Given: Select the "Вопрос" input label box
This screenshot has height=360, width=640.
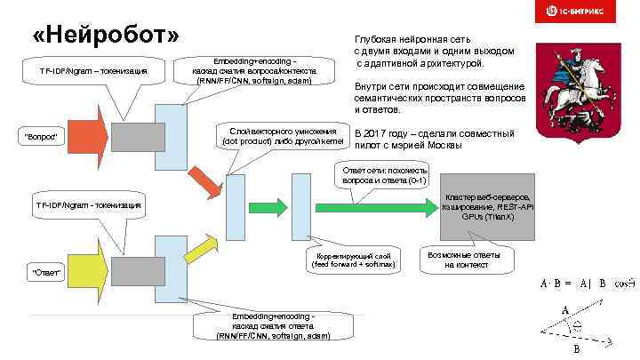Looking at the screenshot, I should pos(41,135).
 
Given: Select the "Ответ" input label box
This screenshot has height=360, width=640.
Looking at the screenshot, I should pos(46,272).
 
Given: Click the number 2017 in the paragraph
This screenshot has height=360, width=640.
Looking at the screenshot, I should pos(379,133).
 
